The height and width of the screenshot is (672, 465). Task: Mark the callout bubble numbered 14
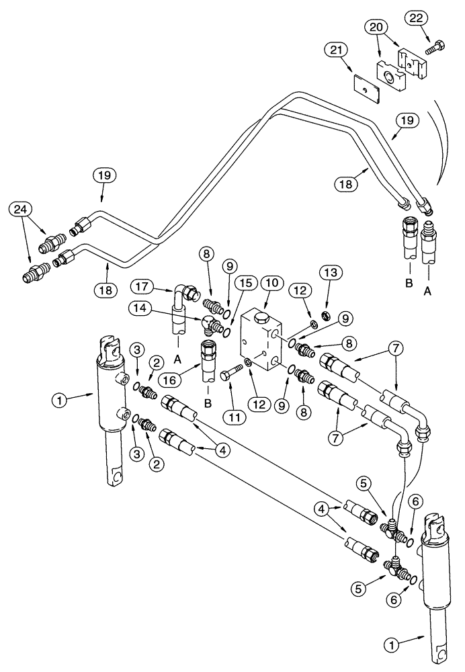coord(142,307)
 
